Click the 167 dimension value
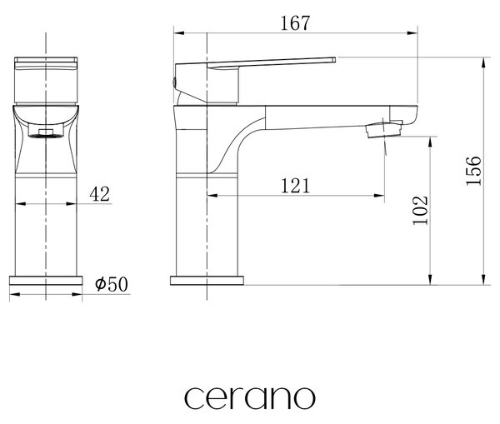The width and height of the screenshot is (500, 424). click(x=295, y=23)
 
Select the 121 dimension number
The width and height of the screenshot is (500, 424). click(x=295, y=186)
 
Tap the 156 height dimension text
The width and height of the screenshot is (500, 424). click(x=473, y=171)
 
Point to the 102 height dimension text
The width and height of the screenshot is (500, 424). click(x=420, y=211)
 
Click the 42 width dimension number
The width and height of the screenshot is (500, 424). click(x=99, y=194)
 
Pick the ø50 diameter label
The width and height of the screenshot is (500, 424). click(x=112, y=284)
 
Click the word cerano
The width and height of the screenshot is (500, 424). click(x=250, y=397)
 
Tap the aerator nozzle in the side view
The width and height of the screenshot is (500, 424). click(x=383, y=130)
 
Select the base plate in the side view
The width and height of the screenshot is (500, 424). click(x=207, y=281)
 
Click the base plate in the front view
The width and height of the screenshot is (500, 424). click(x=46, y=281)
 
